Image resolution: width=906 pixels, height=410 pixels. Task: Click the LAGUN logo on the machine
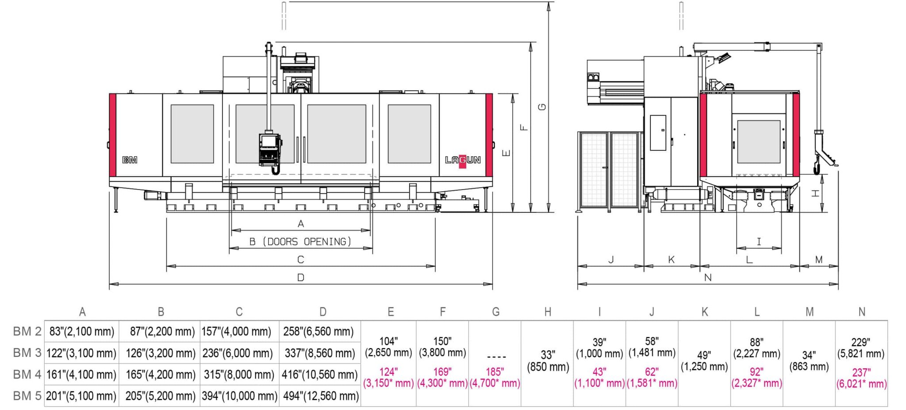pos(462,160)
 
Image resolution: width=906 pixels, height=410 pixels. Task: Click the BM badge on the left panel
pos(130,160)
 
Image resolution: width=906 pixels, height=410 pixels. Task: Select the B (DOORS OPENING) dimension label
pos(300,242)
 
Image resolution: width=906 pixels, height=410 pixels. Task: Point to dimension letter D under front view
pos(301,278)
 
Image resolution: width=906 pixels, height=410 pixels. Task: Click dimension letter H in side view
pos(815,193)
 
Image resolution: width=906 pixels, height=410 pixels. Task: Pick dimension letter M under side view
pos(818,260)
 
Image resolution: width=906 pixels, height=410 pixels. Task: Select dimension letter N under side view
pos(707,278)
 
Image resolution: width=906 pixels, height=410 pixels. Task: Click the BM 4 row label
pos(27,375)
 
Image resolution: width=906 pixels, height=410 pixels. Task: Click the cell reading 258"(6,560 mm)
pos(319,331)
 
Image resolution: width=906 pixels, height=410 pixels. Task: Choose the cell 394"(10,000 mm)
pos(239,396)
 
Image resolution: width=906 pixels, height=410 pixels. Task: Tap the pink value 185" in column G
pos(495,372)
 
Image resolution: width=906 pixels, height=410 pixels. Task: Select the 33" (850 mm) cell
pos(548,361)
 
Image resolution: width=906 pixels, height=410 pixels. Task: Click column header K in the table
pos(704,312)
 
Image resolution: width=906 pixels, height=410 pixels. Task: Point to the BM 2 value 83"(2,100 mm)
pos(81,331)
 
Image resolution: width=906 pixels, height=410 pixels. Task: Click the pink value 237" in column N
pos(861,372)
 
